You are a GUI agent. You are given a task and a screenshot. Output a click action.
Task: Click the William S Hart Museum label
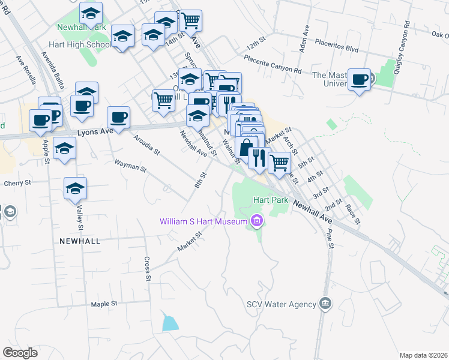tap(203, 222)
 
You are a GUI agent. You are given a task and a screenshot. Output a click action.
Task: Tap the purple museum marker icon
tap(257, 222)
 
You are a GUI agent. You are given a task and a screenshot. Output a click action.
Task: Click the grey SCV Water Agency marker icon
tap(325, 304)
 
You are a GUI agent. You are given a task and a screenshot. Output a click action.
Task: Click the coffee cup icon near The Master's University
tap(360, 80)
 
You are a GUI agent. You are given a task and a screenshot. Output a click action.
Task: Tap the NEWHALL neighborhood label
tap(80, 240)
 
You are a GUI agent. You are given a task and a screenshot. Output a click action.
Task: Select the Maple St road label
tap(104, 304)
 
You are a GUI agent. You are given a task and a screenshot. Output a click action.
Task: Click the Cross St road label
tap(147, 269)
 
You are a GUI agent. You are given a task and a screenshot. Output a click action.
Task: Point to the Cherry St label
tap(17, 184)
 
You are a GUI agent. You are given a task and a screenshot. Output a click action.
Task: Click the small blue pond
tap(170, 323)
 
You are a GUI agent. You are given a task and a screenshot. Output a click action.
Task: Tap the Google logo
tap(20, 353)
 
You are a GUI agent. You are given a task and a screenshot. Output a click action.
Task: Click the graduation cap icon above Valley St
tap(76, 189)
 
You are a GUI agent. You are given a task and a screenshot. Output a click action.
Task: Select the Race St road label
tap(352, 214)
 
